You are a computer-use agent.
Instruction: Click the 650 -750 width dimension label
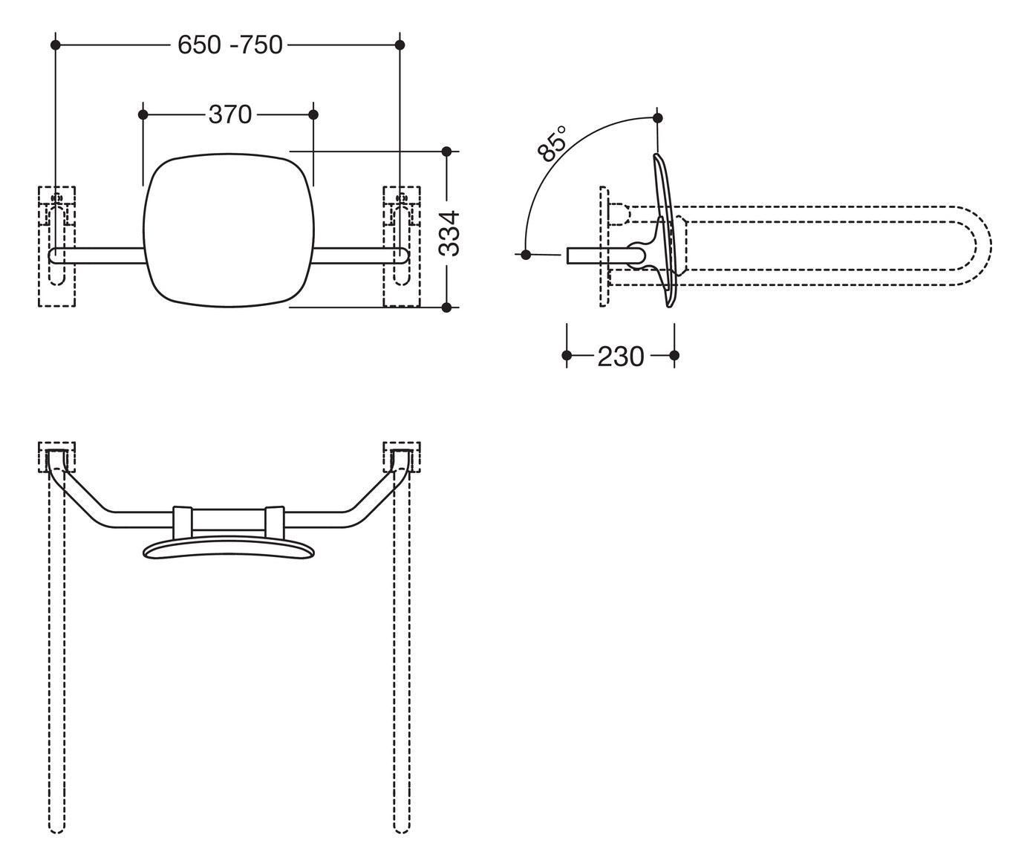click(230, 45)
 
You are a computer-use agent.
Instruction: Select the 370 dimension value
click(230, 114)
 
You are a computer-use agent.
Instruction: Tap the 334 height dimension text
click(449, 232)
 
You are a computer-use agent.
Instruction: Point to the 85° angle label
click(552, 144)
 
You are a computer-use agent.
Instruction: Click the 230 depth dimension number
click(621, 357)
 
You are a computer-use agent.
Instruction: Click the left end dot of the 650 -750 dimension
click(55, 45)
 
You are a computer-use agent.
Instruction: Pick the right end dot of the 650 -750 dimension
click(400, 45)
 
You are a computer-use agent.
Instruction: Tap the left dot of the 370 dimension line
click(143, 114)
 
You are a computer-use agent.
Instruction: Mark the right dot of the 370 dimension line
click(313, 114)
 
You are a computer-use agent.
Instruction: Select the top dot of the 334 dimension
click(446, 152)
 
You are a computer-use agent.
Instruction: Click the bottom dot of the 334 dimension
click(446, 307)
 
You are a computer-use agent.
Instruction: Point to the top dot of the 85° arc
click(657, 117)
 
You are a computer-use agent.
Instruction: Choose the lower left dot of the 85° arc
click(526, 255)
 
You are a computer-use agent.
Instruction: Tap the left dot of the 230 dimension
click(567, 356)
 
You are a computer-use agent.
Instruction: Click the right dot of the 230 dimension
click(674, 356)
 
